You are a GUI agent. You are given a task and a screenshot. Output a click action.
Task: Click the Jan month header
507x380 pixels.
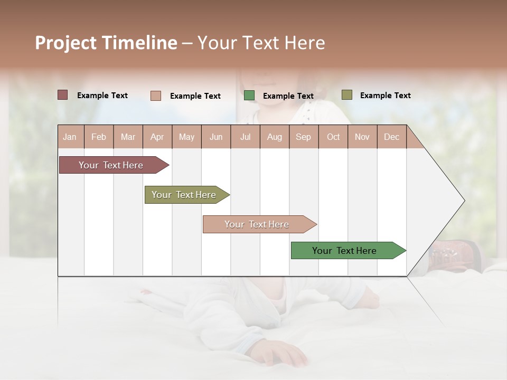click(70, 137)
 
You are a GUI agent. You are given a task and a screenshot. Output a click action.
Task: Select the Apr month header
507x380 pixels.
click(157, 137)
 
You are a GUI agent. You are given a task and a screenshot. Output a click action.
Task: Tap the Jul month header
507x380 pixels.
click(245, 137)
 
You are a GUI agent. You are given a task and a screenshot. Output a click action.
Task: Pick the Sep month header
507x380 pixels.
click(303, 137)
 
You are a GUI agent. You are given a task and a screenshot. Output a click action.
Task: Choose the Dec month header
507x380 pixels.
click(391, 137)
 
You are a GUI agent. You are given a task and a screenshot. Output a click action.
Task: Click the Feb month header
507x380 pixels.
click(99, 137)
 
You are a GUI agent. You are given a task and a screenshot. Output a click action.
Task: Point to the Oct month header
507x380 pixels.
click(333, 137)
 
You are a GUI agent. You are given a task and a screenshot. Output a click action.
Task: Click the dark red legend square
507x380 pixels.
click(63, 95)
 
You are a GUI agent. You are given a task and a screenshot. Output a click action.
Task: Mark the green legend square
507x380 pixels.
click(249, 96)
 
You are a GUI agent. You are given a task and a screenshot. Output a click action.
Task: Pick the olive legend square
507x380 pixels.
click(346, 95)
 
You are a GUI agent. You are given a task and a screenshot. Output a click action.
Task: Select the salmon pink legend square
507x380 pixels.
click(156, 96)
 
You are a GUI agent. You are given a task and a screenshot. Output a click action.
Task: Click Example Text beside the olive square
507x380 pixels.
click(385, 96)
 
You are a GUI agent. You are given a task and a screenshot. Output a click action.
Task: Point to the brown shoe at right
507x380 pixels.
click(454, 254)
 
